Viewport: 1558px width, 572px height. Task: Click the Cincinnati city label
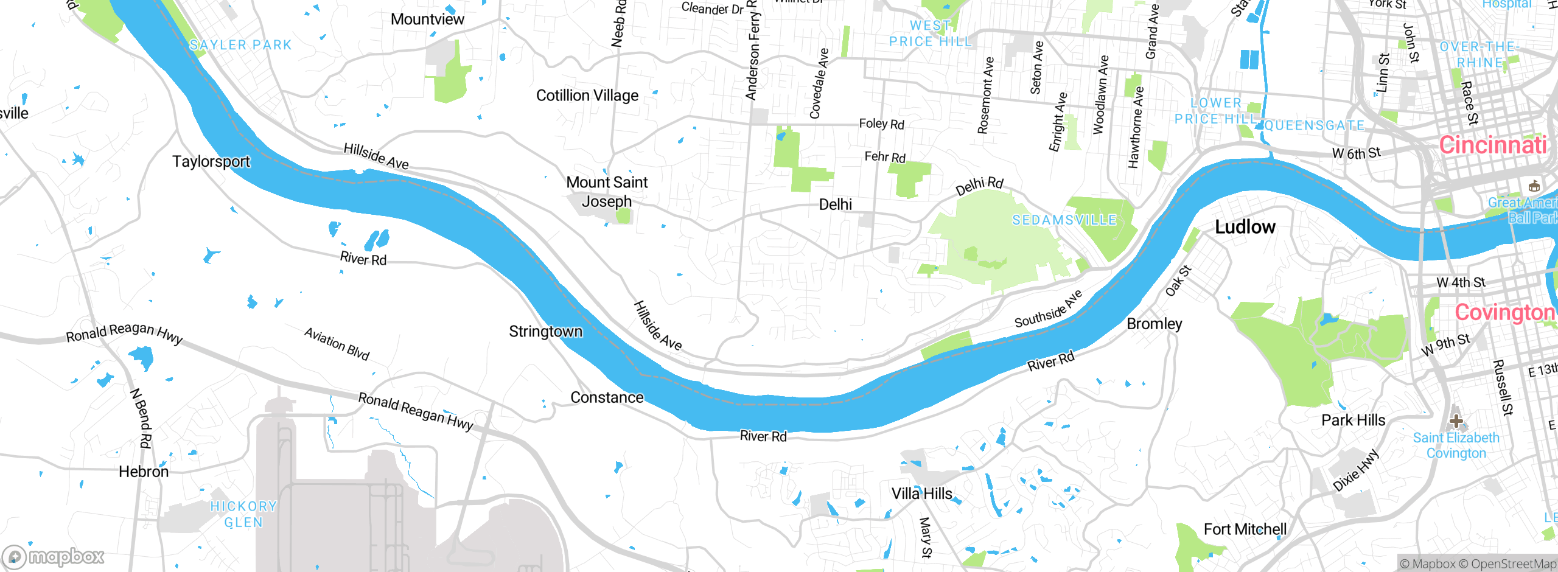tap(1492, 145)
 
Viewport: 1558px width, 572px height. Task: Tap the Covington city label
tap(1504, 313)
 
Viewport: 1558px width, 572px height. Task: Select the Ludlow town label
tap(1245, 227)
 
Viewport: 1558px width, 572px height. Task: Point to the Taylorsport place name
tap(211, 162)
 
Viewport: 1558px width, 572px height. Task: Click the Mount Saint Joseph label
tap(607, 192)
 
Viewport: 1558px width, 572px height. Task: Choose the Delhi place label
tap(836, 204)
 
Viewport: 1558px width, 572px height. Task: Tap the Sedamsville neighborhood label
tap(1064, 220)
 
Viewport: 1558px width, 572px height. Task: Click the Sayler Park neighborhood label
tap(240, 45)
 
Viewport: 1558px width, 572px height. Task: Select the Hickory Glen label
tap(243, 514)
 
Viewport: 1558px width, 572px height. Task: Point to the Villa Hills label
tap(921, 494)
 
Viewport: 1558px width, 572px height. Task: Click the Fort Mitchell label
tap(1245, 529)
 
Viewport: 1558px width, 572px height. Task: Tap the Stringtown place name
tap(545, 332)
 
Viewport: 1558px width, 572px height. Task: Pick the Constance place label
tap(607, 398)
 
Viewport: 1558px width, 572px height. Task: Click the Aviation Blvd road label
tap(337, 344)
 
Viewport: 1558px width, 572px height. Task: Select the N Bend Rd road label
tap(141, 418)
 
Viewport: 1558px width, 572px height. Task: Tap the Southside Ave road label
tap(1048, 309)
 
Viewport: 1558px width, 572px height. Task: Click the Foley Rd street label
tap(881, 124)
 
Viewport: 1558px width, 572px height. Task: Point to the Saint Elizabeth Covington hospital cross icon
tap(1456, 420)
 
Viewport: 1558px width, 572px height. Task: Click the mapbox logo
tap(54, 557)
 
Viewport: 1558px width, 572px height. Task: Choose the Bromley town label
tap(1154, 324)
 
